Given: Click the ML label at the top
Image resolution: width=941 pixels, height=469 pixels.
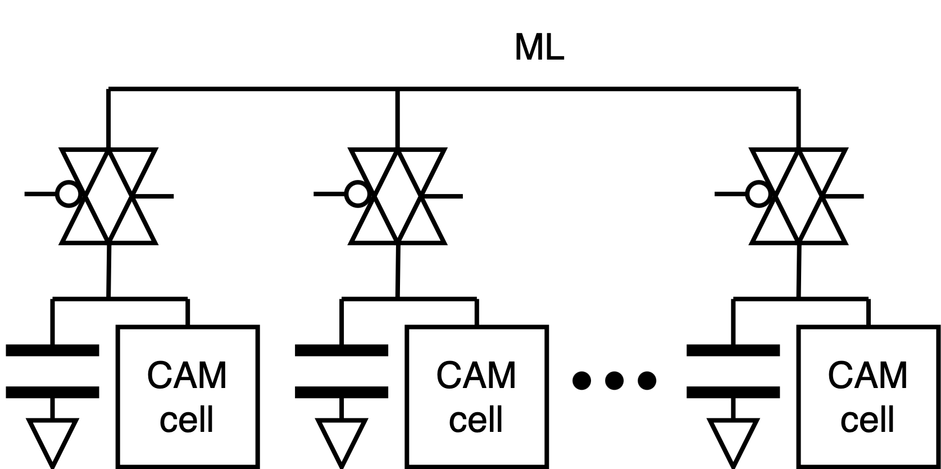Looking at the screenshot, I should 539,48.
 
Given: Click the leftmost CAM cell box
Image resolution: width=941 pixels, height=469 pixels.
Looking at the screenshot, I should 188,396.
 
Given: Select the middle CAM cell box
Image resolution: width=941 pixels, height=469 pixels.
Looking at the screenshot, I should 476,396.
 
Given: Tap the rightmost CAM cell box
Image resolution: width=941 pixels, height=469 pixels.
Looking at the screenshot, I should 868,396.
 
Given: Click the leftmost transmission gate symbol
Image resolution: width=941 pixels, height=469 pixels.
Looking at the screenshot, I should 108,196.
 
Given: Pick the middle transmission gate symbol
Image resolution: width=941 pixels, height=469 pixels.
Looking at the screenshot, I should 398,196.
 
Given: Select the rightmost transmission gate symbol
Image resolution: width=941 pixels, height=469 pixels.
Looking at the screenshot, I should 799,196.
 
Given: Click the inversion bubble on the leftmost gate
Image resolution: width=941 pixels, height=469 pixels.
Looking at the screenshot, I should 69,195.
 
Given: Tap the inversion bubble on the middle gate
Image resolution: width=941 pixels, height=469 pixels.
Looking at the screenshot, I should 358,195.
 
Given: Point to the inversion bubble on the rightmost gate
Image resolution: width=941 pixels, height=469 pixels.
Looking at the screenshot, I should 759,195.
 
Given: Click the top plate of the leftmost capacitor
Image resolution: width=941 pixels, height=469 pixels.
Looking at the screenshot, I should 52,351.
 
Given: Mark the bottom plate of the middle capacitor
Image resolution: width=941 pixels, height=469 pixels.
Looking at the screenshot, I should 342,392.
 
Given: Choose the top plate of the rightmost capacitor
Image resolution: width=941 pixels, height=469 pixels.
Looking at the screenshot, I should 733,351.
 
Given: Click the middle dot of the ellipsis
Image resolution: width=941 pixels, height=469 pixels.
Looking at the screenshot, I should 614,381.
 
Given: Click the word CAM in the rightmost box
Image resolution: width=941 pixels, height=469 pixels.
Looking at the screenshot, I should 868,376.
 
